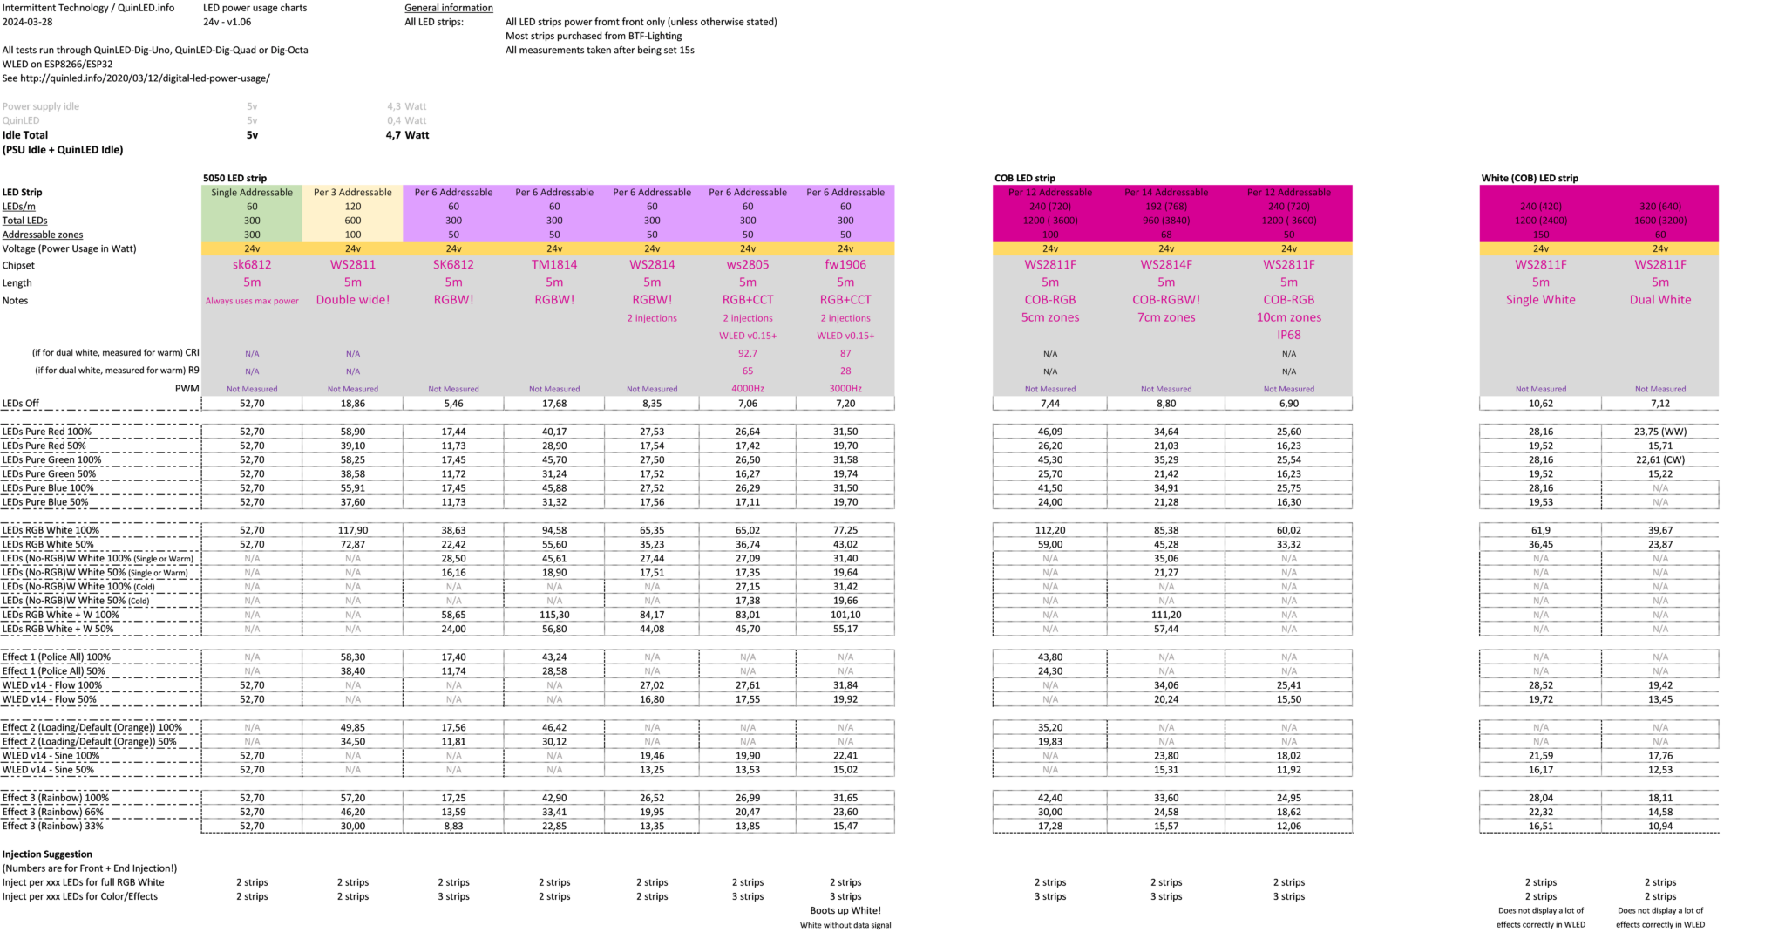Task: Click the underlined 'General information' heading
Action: tap(448, 8)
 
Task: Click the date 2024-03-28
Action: tap(27, 22)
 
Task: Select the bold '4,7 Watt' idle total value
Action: tap(407, 135)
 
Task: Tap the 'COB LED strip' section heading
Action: tap(1024, 178)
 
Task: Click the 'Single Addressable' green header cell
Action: tap(252, 193)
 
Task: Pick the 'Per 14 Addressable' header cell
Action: tap(1166, 193)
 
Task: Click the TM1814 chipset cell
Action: tap(554, 265)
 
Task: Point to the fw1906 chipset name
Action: tap(845, 265)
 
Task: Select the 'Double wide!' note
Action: tap(353, 300)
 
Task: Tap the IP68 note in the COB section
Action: tap(1288, 335)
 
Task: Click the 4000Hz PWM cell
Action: tap(748, 389)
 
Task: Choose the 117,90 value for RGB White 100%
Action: tap(353, 530)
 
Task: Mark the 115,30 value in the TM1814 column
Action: tap(554, 615)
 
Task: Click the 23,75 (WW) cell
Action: tap(1660, 432)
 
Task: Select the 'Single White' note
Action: tap(1540, 300)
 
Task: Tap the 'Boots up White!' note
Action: tap(845, 910)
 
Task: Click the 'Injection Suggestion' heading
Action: tap(47, 854)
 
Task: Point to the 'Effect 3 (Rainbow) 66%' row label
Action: tap(53, 812)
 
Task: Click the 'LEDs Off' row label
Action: tap(21, 404)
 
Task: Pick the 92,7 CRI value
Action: tap(748, 354)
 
